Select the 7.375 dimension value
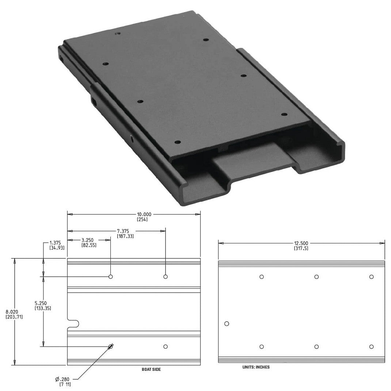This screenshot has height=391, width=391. click(125, 231)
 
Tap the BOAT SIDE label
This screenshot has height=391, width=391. click(151, 369)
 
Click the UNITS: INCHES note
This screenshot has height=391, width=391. click(256, 367)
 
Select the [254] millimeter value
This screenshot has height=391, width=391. click(142, 220)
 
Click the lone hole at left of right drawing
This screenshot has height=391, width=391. click(227, 323)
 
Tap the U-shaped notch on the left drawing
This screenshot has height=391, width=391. click(74, 324)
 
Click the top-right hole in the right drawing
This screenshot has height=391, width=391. click(371, 277)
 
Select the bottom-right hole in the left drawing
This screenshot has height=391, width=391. click(166, 346)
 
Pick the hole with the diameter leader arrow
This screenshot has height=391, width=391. click(110, 346)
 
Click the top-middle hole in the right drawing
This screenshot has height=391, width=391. click(316, 277)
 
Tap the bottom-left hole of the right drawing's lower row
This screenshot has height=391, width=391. click(262, 346)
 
